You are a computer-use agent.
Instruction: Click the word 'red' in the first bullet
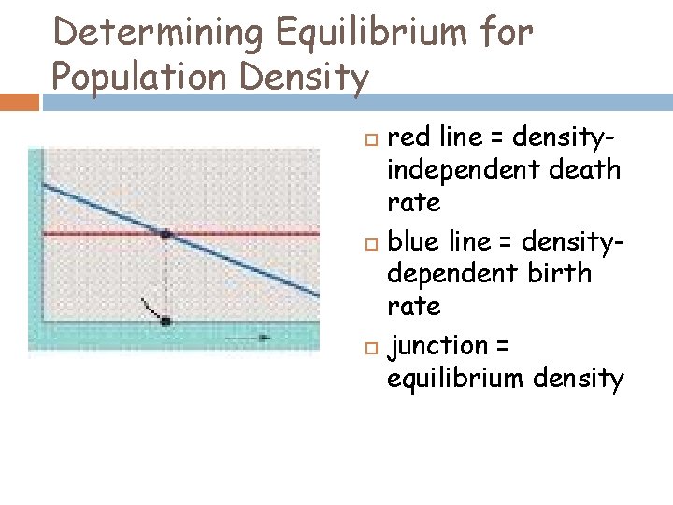(x=410, y=139)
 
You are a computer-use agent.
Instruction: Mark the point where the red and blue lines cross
(x=165, y=234)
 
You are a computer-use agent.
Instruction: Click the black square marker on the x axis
(x=165, y=322)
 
